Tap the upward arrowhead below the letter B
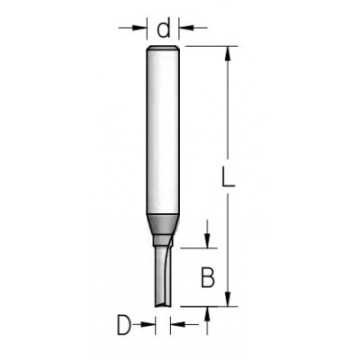pos(208,311)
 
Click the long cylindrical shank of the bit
pos(164,130)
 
